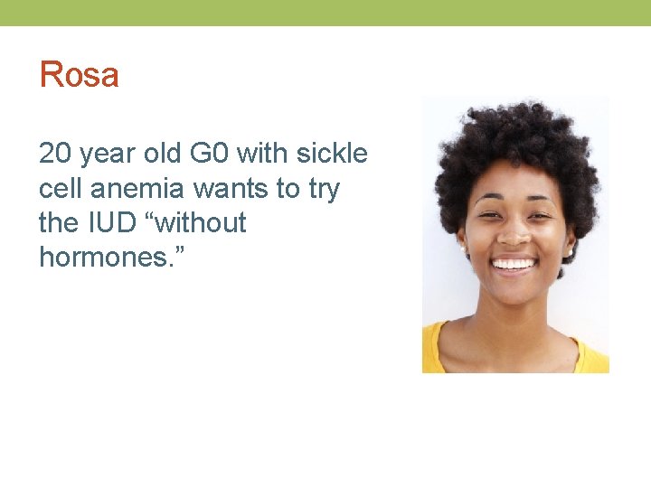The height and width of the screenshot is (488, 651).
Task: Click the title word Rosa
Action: (x=79, y=75)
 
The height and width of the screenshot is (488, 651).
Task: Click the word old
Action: (x=163, y=155)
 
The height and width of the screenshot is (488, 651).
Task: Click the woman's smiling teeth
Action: (x=514, y=265)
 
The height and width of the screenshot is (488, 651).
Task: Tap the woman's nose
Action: (x=514, y=235)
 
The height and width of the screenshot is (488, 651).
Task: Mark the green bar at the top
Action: (x=325, y=13)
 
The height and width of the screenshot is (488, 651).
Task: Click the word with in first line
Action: (x=261, y=155)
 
